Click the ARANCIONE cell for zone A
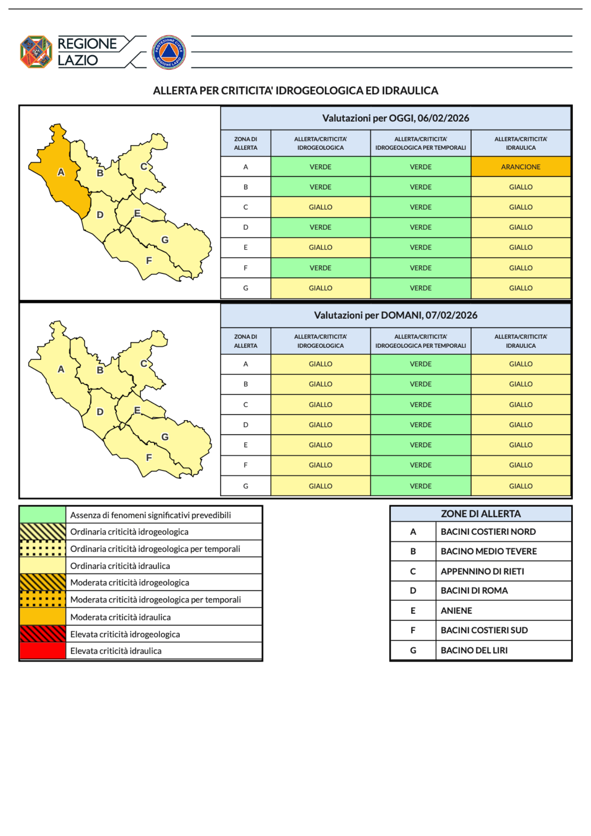tap(520, 167)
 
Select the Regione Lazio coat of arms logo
tap(36, 52)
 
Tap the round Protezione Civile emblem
tap(168, 52)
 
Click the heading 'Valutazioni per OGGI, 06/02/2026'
tap(395, 118)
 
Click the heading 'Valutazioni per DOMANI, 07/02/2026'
tap(395, 315)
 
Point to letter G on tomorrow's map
tap(165, 437)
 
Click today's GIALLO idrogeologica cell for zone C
tap(320, 207)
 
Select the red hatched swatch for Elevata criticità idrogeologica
tap(43, 634)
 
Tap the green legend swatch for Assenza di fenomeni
tap(43, 515)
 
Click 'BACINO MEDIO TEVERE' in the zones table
tap(488, 551)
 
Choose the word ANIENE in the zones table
tap(456, 611)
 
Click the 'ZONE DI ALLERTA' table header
tap(481, 514)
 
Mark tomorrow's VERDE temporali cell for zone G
tap(420, 486)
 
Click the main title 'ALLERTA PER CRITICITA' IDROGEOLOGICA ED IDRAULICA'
tap(295, 91)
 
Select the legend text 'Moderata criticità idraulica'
tap(120, 617)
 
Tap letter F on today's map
tap(149, 260)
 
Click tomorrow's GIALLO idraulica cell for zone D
tap(520, 425)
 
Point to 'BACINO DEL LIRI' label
tap(474, 650)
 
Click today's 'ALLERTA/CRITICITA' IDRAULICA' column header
tap(520, 143)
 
